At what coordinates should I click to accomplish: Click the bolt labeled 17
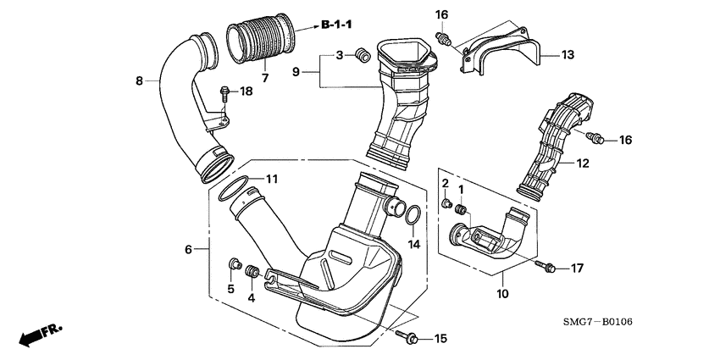tap(546, 268)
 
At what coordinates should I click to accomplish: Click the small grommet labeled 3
tap(362, 56)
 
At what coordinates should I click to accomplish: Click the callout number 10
tap(501, 294)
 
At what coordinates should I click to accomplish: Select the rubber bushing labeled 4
tap(251, 274)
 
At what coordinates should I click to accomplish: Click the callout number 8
tap(140, 81)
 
